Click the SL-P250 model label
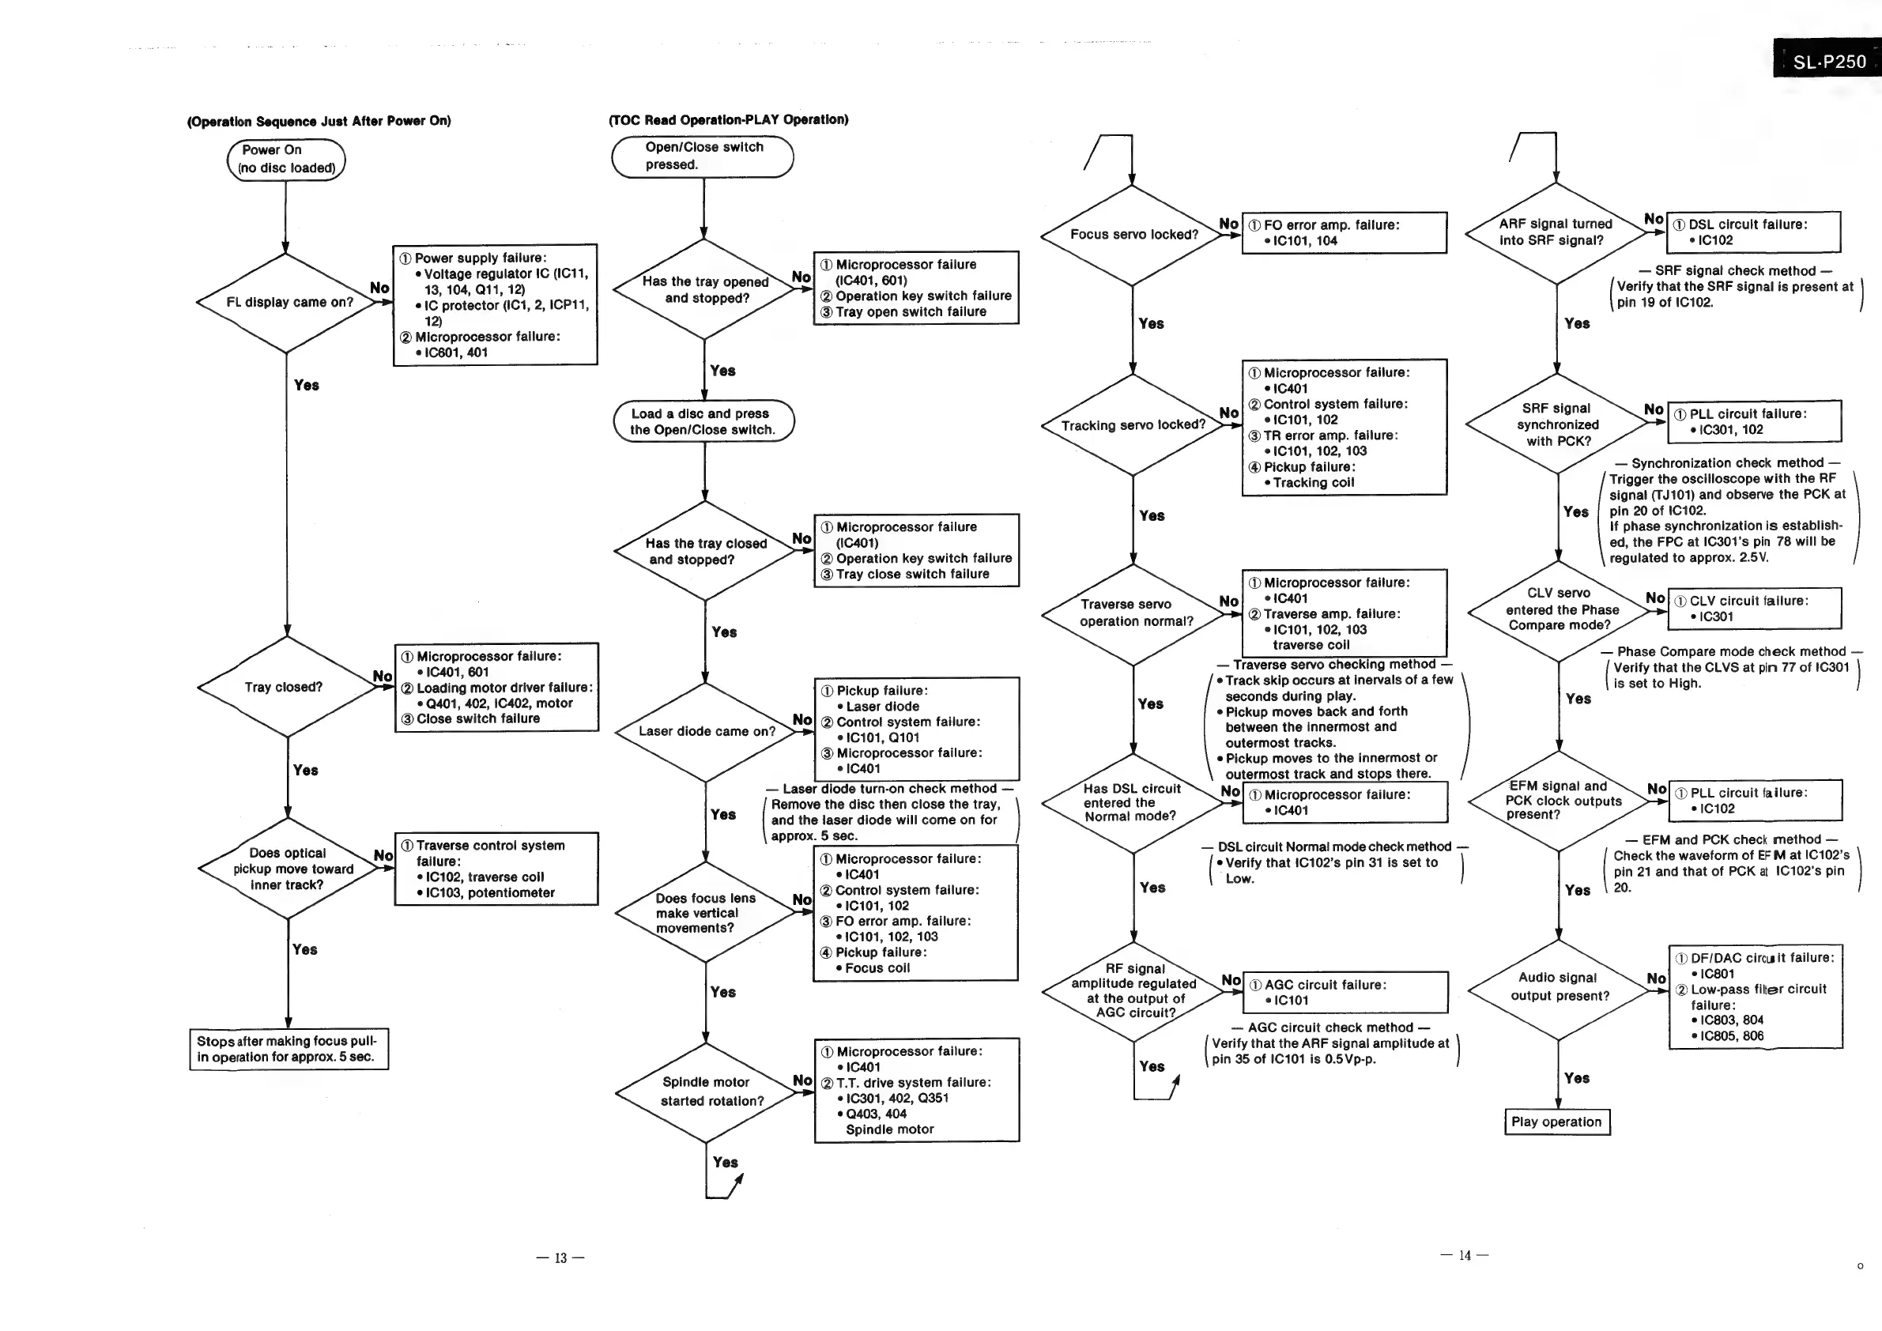[1828, 62]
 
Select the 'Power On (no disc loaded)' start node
[286, 159]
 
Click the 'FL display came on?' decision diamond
[286, 303]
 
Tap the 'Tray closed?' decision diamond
[286, 687]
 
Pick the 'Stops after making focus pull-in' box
[289, 1049]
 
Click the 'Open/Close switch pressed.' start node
[703, 156]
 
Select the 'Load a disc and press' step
[703, 421]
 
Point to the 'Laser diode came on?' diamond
[705, 731]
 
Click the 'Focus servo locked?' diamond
[1132, 235]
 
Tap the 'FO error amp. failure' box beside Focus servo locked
[1345, 232]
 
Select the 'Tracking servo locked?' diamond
[1133, 425]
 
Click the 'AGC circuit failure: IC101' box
[1345, 993]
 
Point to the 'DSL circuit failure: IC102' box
[1754, 232]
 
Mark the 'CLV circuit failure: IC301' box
[1755, 608]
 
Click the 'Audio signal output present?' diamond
[1558, 986]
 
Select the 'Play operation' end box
[1556, 1122]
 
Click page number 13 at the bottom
[560, 1258]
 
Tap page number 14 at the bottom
[1465, 1255]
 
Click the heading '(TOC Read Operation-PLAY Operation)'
[729, 119]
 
